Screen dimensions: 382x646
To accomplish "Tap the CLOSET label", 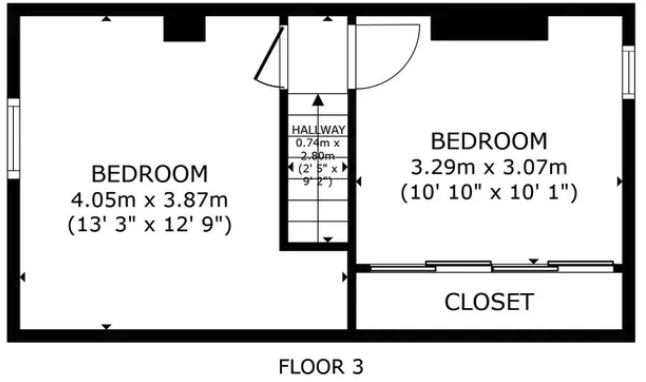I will (489, 301).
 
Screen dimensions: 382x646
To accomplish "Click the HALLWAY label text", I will (318, 130).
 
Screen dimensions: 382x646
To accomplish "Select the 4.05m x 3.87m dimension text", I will (150, 198).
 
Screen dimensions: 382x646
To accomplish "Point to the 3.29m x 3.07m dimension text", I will (489, 165).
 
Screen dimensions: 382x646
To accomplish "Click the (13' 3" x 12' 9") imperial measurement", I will (150, 224).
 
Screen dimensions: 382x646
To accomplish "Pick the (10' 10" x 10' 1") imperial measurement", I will (489, 192).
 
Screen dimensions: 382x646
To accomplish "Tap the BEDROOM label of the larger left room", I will (150, 172).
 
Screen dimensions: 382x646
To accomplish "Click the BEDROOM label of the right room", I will (489, 140).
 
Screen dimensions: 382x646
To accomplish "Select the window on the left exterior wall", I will (14, 139).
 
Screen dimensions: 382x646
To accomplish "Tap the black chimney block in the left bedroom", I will (184, 30).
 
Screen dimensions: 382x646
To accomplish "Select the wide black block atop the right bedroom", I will (489, 28).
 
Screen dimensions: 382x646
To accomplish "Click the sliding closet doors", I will (489, 266).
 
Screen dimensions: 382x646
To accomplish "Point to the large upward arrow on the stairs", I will (318, 102).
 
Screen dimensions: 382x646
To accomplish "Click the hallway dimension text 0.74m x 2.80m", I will (318, 150).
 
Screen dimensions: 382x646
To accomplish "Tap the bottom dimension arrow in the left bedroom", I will (106, 326).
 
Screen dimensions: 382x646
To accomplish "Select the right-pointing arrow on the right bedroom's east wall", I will (620, 181).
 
